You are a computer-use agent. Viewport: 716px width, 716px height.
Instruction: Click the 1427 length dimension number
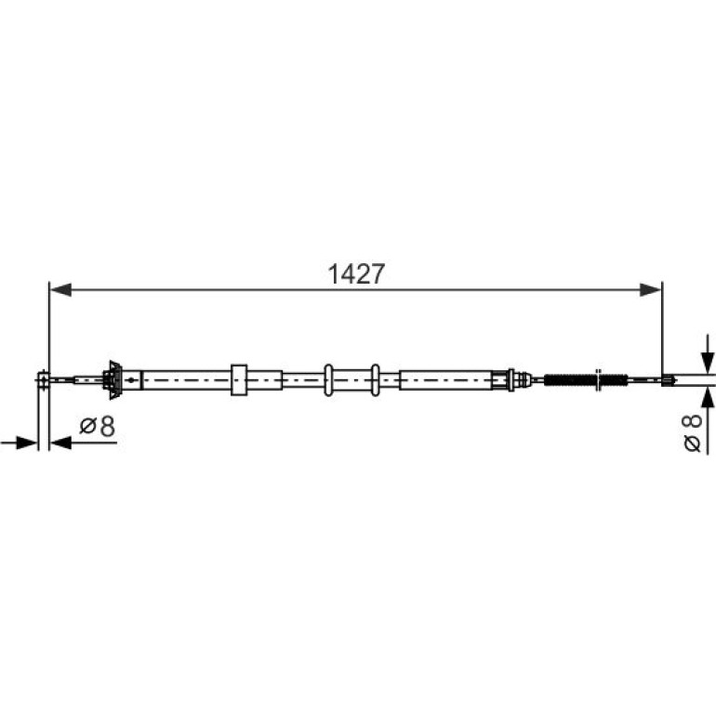pyautogui.click(x=356, y=274)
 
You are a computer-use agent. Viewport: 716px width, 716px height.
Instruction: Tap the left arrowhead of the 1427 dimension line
pyautogui.click(x=60, y=289)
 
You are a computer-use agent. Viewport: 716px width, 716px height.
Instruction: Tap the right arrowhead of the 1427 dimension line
pyautogui.click(x=650, y=289)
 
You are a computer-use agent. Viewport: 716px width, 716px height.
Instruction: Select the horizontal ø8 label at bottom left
pyautogui.click(x=98, y=427)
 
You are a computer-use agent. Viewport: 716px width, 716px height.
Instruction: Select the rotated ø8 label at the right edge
pyautogui.click(x=692, y=433)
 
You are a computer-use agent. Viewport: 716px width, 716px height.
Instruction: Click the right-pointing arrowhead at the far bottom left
pyautogui.click(x=26, y=443)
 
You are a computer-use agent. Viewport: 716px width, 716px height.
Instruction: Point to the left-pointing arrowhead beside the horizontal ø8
pyautogui.click(x=60, y=443)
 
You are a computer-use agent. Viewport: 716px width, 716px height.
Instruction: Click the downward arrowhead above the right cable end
pyautogui.click(x=708, y=363)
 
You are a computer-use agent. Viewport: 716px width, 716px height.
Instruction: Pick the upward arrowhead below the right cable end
pyautogui.click(x=708, y=398)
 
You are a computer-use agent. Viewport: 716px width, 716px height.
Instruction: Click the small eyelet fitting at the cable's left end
pyautogui.click(x=43, y=379)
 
